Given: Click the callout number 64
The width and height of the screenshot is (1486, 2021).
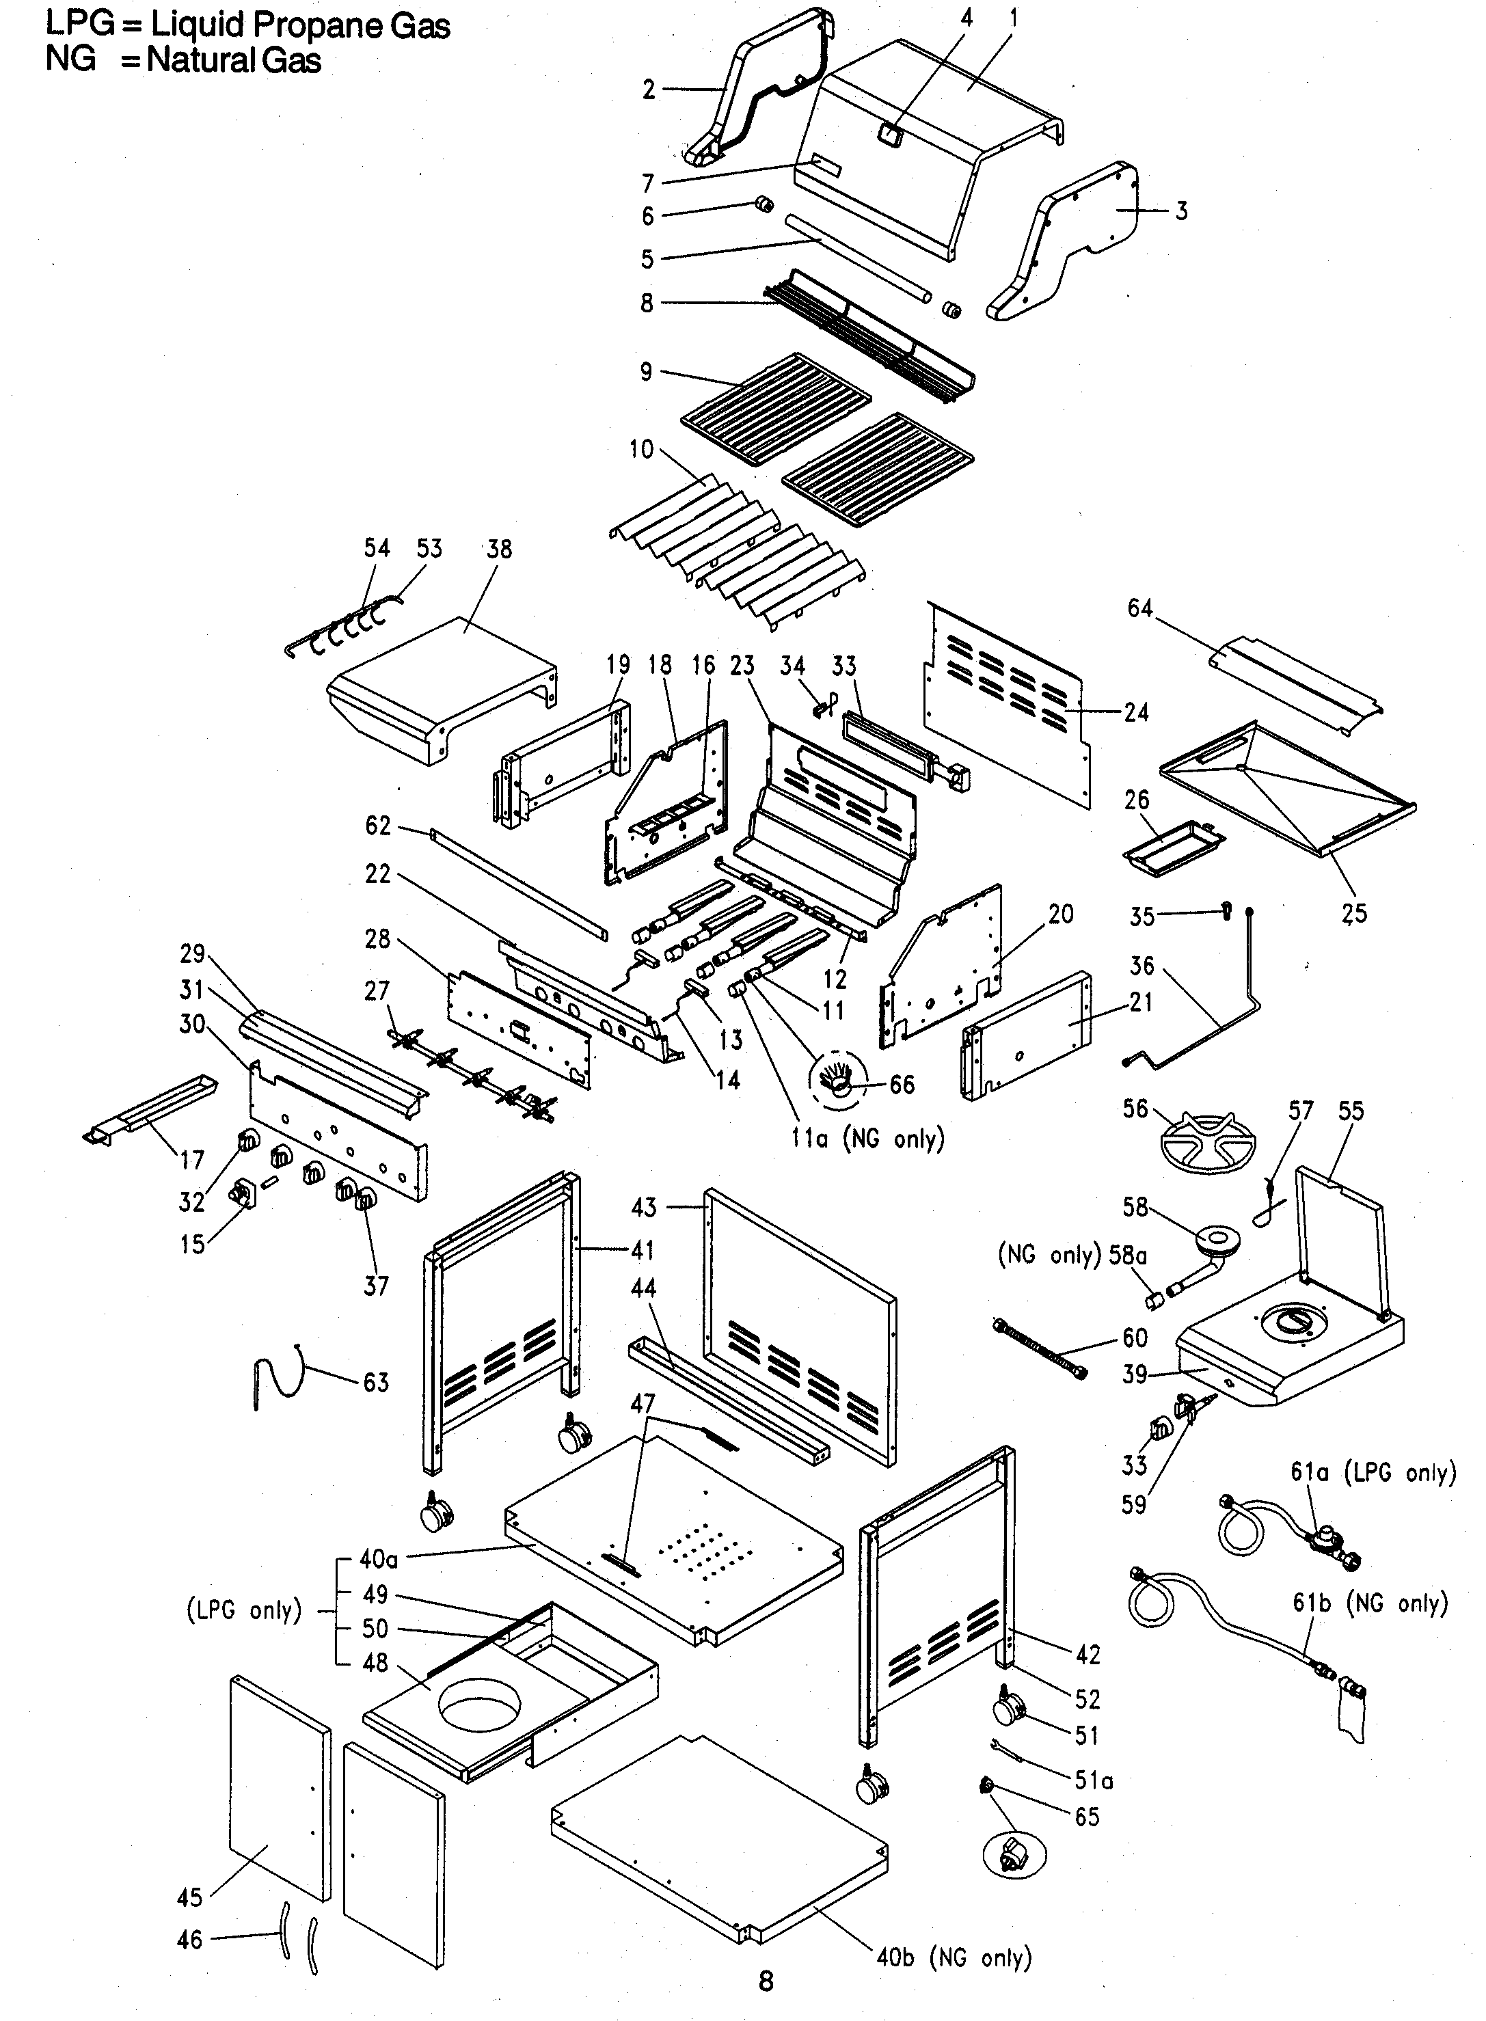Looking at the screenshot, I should tap(1139, 609).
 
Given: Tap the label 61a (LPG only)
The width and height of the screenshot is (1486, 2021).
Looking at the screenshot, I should tap(1372, 1472).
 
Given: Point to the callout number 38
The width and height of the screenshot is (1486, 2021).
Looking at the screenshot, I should tap(498, 549).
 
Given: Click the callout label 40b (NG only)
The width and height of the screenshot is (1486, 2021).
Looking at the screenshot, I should tap(954, 1957).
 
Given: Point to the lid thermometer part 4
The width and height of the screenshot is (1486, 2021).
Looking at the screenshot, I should tap(890, 135).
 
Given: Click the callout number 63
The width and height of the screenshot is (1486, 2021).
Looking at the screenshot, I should tap(376, 1383).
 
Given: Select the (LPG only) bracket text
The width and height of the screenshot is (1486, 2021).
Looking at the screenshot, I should tap(244, 1610).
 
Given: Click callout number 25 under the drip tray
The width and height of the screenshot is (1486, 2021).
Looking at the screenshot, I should tap(1354, 914).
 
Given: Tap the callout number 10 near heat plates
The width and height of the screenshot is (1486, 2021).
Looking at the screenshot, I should tap(641, 449).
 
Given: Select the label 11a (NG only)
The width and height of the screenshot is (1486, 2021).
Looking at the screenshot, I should tap(867, 1139).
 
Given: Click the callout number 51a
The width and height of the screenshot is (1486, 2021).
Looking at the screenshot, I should tap(1094, 1780).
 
